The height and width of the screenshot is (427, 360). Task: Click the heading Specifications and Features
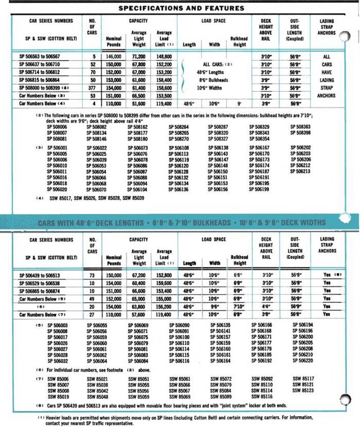(x=181, y=8)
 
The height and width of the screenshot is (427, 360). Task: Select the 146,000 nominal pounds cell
(x=114, y=57)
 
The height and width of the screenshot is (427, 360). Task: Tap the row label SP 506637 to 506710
(x=45, y=65)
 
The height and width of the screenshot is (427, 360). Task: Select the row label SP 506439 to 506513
(x=45, y=274)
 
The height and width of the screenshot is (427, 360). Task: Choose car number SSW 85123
(x=302, y=391)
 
